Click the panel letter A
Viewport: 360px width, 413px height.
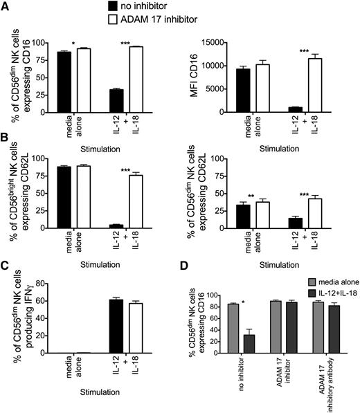(6, 6)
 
